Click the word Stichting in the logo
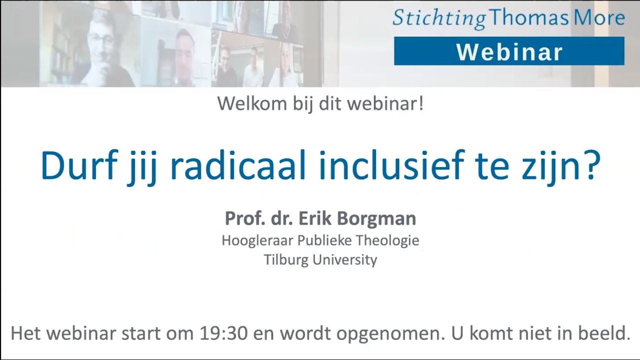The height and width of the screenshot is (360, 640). (x=438, y=18)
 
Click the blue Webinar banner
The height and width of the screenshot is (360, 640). (x=509, y=51)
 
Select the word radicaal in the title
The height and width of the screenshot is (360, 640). (x=237, y=166)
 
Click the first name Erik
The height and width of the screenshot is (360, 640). (x=317, y=218)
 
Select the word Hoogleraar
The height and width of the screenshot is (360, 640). (x=257, y=240)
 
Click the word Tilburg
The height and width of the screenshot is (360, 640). (x=286, y=260)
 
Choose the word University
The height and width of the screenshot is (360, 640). (x=345, y=260)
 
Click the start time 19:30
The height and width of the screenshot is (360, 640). (x=224, y=333)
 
